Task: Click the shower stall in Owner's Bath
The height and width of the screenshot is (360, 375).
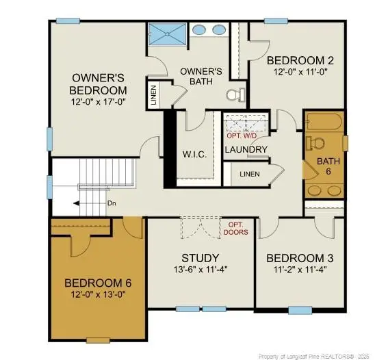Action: (167, 34)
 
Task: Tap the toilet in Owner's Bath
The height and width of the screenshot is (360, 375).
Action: (236, 94)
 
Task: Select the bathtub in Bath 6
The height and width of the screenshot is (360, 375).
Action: (325, 122)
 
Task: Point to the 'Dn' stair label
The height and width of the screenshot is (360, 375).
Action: (112, 203)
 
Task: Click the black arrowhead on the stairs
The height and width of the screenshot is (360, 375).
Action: (76, 203)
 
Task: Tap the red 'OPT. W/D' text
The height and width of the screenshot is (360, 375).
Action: (242, 136)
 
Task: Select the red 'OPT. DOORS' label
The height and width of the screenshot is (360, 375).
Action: (235, 229)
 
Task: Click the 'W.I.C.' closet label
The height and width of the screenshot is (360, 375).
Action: (194, 154)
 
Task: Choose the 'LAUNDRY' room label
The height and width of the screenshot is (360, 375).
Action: (246, 150)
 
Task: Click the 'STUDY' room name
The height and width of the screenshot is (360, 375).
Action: (201, 258)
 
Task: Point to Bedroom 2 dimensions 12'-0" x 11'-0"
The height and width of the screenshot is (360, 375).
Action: (300, 72)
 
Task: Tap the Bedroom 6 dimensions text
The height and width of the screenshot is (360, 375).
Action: (98, 294)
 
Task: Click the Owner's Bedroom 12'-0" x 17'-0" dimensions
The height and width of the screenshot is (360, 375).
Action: (98, 102)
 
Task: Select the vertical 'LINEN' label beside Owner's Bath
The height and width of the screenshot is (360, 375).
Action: (153, 95)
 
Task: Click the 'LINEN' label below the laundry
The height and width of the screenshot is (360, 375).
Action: (250, 174)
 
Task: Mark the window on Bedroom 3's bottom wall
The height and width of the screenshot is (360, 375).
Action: (300, 310)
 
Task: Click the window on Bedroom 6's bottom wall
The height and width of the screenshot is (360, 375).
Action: (98, 340)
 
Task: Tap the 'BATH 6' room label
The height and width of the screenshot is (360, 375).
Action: (328, 166)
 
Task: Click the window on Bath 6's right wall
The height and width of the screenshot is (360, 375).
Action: (345, 144)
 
